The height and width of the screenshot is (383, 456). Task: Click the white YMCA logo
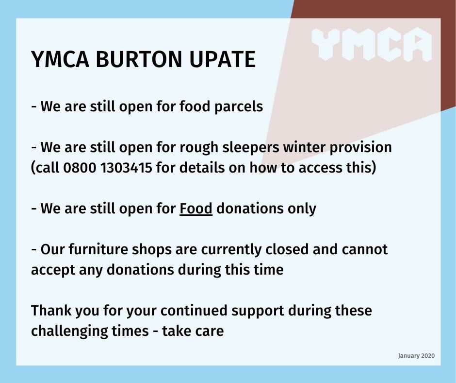pyautogui.click(x=372, y=44)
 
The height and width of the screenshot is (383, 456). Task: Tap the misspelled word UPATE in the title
pyautogui.click(x=222, y=59)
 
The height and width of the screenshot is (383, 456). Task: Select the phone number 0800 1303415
pyautogui.click(x=108, y=168)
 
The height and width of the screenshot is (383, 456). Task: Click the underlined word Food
pyautogui.click(x=195, y=209)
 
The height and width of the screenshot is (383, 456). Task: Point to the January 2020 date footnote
pyautogui.click(x=416, y=356)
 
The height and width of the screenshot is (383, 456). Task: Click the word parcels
pyautogui.click(x=239, y=106)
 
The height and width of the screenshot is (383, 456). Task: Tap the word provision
pyautogui.click(x=360, y=147)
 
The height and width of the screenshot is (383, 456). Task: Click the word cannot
pyautogui.click(x=365, y=250)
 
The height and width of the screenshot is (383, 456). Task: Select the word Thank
pyautogui.click(x=51, y=311)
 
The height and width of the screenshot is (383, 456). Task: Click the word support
pyautogui.click(x=258, y=311)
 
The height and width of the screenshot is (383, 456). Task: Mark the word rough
pyautogui.click(x=198, y=148)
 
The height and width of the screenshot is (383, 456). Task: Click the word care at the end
pyautogui.click(x=212, y=331)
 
